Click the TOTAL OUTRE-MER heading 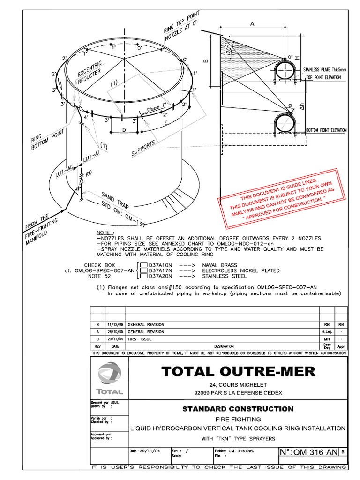click(238, 372)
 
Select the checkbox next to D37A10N click(143, 265)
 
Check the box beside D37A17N click(143, 270)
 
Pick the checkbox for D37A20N click(143, 276)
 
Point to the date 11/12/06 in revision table click(115, 324)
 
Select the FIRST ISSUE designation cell click(140, 338)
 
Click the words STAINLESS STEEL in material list click(226, 276)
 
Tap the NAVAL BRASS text click(220, 265)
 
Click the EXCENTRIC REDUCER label click(90, 75)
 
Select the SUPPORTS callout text click(143, 149)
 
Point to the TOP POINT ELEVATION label click(327, 77)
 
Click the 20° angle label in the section click(228, 50)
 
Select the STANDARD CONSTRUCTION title click(238, 409)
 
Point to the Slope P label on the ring click(157, 109)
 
